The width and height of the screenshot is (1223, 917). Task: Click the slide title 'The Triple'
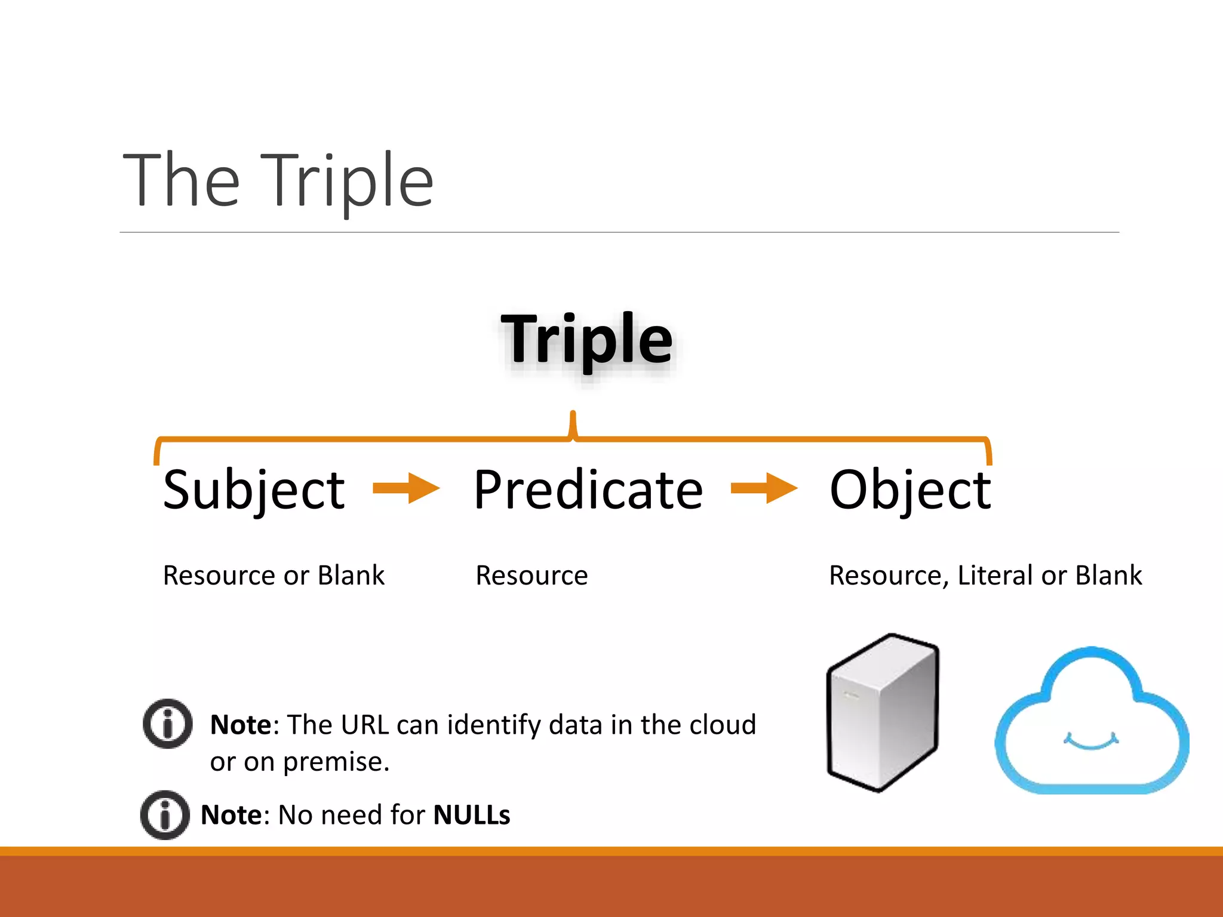pyautogui.click(x=278, y=180)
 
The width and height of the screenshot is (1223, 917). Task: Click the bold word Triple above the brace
pyautogui.click(x=587, y=340)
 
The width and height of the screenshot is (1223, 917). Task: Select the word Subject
pyautogui.click(x=254, y=490)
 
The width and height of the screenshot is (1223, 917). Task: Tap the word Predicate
pyautogui.click(x=588, y=490)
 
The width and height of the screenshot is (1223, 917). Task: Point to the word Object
pyautogui.click(x=910, y=490)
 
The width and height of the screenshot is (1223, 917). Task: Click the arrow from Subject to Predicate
pyautogui.click(x=406, y=488)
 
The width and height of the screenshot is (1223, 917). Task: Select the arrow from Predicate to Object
pyautogui.click(x=764, y=488)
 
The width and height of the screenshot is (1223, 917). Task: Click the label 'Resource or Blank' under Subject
pyautogui.click(x=274, y=576)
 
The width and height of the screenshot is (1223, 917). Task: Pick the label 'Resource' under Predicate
pyautogui.click(x=531, y=576)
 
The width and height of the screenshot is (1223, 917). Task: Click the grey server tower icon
pyautogui.click(x=883, y=713)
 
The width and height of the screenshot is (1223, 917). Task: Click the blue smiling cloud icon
pyautogui.click(x=1092, y=722)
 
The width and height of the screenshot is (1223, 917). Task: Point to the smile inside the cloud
pyautogui.click(x=1091, y=743)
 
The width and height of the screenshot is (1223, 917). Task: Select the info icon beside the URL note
pyautogui.click(x=168, y=724)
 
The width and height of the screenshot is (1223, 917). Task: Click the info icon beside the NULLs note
pyautogui.click(x=165, y=815)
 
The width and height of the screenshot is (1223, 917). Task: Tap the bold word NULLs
pyautogui.click(x=471, y=815)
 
